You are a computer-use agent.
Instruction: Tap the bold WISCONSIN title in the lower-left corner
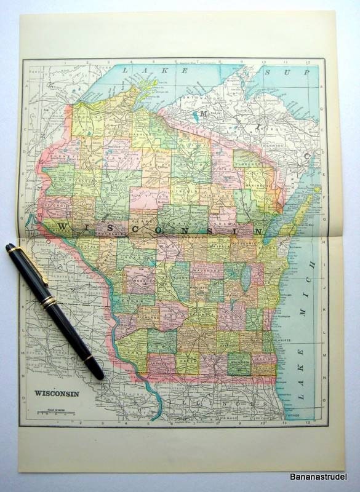pyautogui.click(x=56, y=394)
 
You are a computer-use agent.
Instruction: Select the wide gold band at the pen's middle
pyautogui.click(x=48, y=301)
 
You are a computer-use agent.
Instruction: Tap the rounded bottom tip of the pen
pyautogui.click(x=100, y=375)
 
